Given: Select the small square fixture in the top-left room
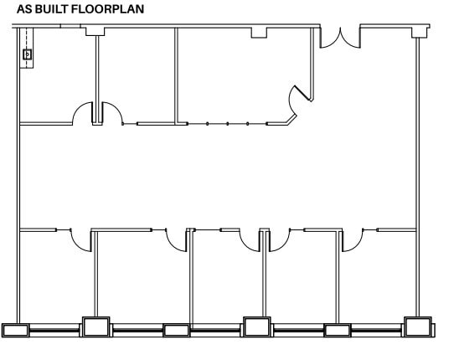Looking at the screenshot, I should pyautogui.click(x=27, y=54).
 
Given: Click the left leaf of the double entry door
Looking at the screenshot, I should pyautogui.click(x=330, y=37).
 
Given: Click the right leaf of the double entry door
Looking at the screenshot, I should pyautogui.click(x=350, y=37).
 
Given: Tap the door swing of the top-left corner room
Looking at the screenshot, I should pyautogui.click(x=84, y=113).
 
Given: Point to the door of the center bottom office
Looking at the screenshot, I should pyautogui.click(x=250, y=240).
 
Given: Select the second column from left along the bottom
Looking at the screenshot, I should pyautogui.click(x=95, y=327).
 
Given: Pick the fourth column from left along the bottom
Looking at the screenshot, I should pyautogui.click(x=256, y=327).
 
